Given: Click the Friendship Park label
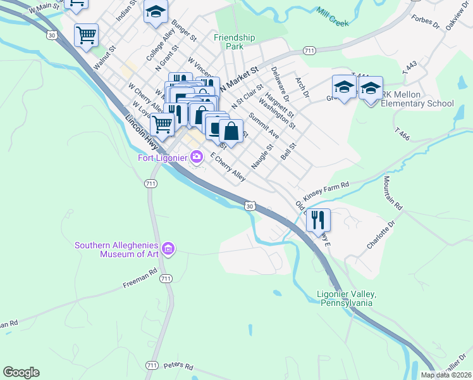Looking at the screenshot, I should pyautogui.click(x=234, y=42).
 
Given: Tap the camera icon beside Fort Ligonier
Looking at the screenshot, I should pyautogui.click(x=197, y=156).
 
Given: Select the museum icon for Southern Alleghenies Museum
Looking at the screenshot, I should pyautogui.click(x=168, y=248).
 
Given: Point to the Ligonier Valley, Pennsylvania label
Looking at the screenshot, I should pyautogui.click(x=346, y=298).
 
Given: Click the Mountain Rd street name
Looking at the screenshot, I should pyautogui.click(x=391, y=193).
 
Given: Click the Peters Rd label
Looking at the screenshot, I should pyautogui.click(x=178, y=365).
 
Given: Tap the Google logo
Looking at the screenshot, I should pyautogui.click(x=21, y=372).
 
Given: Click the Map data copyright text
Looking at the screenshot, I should pyautogui.click(x=446, y=375).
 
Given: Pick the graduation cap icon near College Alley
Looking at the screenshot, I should pyautogui.click(x=155, y=13).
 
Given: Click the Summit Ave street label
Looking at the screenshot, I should pyautogui.click(x=264, y=126).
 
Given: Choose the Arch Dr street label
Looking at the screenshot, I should pyautogui.click(x=302, y=87).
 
